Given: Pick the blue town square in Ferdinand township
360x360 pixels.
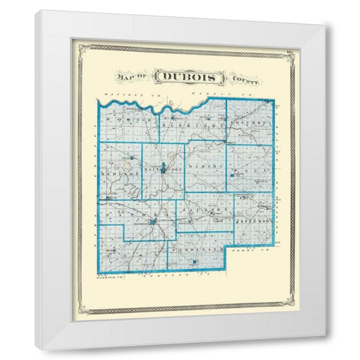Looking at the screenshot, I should pyautogui.click(x=194, y=262).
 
